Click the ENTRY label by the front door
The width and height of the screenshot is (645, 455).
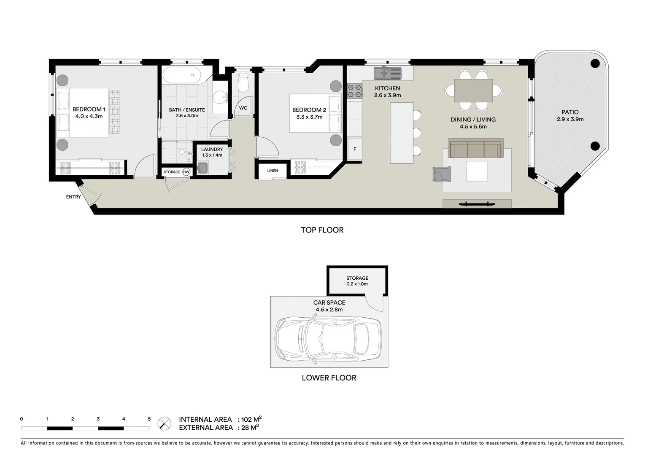pos(73,197)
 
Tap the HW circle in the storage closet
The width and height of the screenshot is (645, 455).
pos(186,172)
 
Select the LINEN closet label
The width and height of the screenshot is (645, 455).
pos(273,171)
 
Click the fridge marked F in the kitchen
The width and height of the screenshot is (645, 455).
pos(355,149)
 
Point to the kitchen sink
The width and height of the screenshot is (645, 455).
pos(387,74)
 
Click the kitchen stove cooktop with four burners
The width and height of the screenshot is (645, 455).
pos(355,91)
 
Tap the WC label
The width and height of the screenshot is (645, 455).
pos(243,108)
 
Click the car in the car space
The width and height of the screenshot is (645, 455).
pos(328,341)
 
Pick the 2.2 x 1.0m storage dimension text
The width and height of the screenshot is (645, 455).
pos(357,284)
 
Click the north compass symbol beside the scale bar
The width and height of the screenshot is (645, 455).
pos(165,423)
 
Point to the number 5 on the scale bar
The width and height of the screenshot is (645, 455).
pos(149,419)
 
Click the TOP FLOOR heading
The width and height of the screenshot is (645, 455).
pos(322,230)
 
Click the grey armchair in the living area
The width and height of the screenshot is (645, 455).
pos(441,174)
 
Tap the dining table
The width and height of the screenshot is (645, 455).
pos(473,91)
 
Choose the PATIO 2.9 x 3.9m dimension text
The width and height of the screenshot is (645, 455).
pos(570,119)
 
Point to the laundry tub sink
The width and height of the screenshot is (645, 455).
pos(203,168)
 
